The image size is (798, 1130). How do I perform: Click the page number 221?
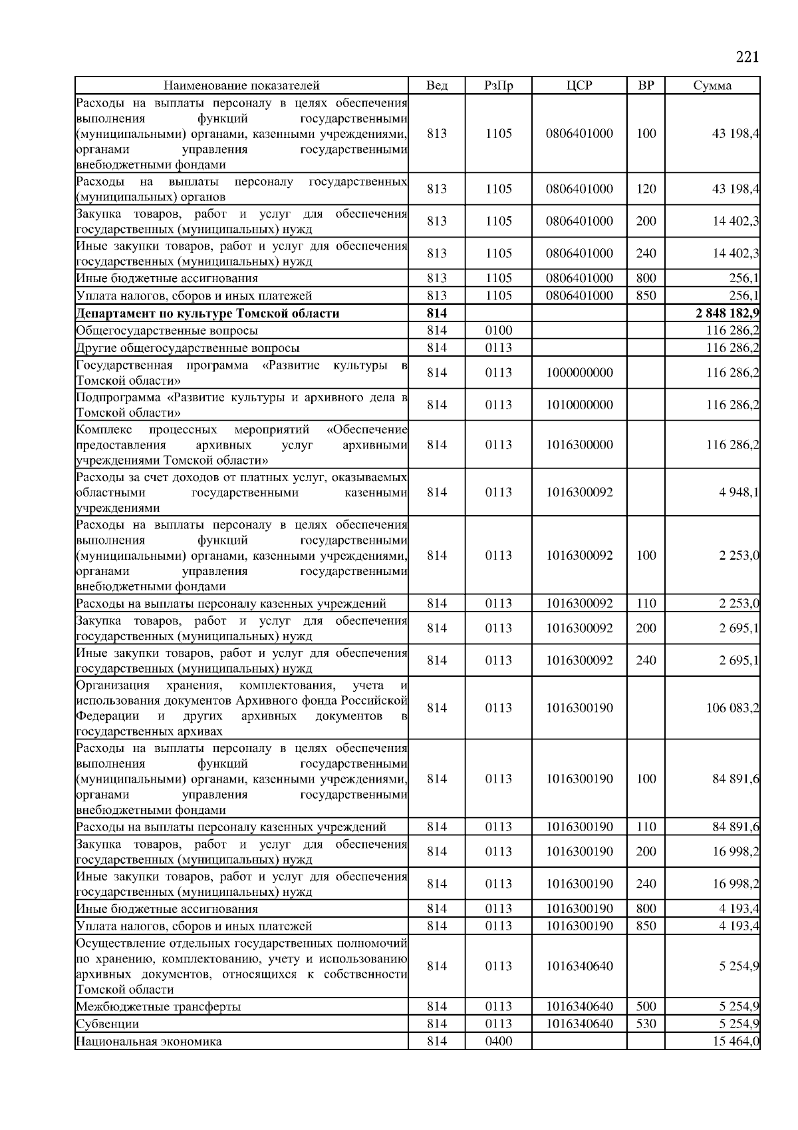tap(747, 57)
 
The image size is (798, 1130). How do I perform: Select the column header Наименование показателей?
tap(241, 85)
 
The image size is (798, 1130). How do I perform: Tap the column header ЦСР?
tap(579, 85)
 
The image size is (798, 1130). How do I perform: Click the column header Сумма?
tap(712, 85)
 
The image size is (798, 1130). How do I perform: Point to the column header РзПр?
tap(499, 85)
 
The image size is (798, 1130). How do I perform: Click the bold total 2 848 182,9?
tap(728, 313)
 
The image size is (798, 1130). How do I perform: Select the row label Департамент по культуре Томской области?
tap(208, 313)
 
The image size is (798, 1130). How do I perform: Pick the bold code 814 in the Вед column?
tap(436, 313)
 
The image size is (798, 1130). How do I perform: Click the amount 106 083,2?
tap(732, 708)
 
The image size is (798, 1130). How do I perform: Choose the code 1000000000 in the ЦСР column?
tap(579, 373)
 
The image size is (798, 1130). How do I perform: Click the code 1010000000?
tap(579, 405)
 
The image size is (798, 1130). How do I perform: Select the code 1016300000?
tap(579, 445)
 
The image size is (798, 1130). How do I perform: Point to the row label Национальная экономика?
tap(149, 1041)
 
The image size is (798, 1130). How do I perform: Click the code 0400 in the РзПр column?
tap(499, 1041)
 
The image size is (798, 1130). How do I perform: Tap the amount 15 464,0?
tap(736, 1041)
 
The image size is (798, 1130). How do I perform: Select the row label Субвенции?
tap(108, 1024)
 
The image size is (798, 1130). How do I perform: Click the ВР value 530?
tap(646, 1024)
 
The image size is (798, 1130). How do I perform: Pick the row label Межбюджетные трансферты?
tap(158, 1007)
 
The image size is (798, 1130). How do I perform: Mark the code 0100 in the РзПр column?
tap(499, 331)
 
